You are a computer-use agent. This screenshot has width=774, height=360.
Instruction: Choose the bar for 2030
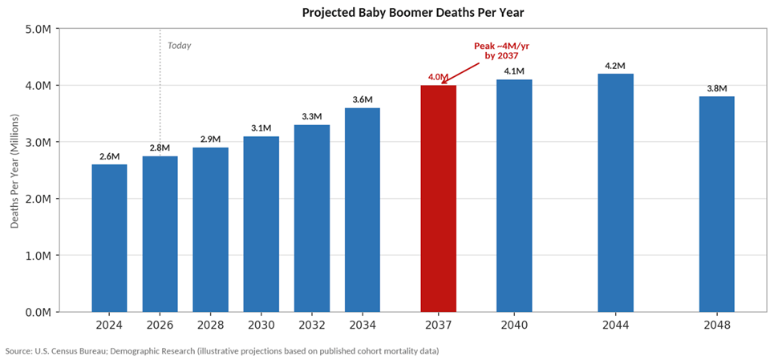(x=261, y=224)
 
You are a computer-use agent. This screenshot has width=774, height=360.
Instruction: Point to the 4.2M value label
(x=615, y=66)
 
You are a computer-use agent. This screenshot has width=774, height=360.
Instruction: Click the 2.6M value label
(x=109, y=156)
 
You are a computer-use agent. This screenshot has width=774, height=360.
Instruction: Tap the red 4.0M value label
(x=438, y=77)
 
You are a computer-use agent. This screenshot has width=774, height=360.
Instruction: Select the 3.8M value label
(x=716, y=88)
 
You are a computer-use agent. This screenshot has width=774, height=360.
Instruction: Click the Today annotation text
(x=179, y=46)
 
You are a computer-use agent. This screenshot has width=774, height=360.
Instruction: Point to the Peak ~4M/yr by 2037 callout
(x=501, y=51)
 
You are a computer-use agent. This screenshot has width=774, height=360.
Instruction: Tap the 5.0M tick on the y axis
(x=38, y=29)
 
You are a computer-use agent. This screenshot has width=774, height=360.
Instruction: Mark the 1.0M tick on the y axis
(x=38, y=256)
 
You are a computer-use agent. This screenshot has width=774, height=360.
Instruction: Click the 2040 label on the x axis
(x=513, y=325)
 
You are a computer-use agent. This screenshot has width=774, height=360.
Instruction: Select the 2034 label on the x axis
(x=362, y=325)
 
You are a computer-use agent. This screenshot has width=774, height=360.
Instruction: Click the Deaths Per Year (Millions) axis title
(x=15, y=170)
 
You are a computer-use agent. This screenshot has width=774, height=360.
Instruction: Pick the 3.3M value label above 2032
(x=311, y=116)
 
